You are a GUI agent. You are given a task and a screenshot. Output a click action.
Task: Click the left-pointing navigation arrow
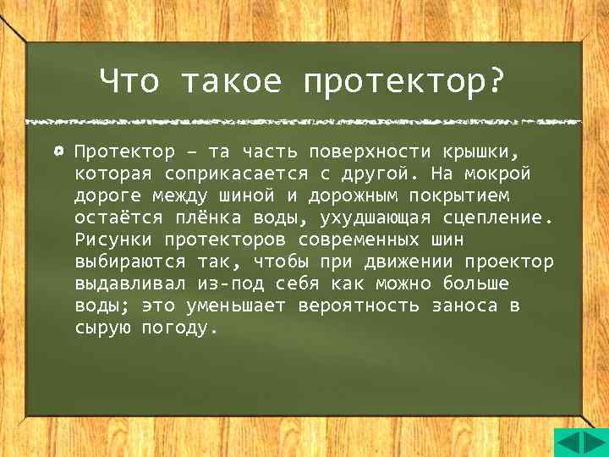[x=568, y=443]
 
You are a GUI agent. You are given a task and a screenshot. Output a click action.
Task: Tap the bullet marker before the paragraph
[x=58, y=151]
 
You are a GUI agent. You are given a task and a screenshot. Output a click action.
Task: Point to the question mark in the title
[x=496, y=82]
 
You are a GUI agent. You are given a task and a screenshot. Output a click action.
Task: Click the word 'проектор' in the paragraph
[x=510, y=262]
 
